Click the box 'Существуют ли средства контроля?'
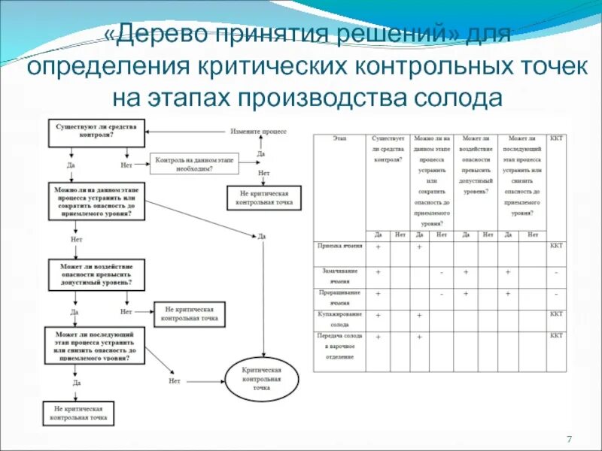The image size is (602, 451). pos(96,132)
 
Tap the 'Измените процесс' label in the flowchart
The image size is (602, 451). pos(259,131)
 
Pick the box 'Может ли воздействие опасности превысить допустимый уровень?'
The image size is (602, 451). pos(96,275)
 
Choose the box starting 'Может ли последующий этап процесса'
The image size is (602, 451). pos(96,345)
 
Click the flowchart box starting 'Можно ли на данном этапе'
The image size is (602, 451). pos(96,201)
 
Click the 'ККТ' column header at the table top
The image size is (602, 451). pos(556,140)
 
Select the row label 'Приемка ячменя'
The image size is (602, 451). pos(340,246)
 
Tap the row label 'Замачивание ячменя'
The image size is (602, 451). pos(340,275)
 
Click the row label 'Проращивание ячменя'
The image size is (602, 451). pos(340,297)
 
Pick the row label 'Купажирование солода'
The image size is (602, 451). pos(340,319)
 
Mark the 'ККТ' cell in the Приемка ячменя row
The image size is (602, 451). pos(556,246)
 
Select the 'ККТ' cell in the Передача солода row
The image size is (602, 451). pos(556,335)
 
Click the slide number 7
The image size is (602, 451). pos(569,439)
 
